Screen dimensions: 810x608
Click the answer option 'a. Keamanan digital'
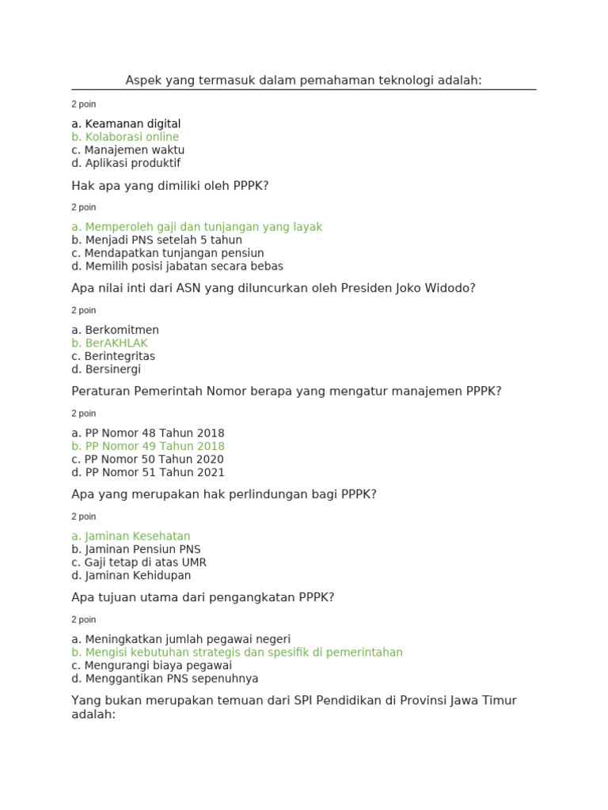click(126, 124)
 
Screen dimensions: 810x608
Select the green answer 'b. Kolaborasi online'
click(125, 137)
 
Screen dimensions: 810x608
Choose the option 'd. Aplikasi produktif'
click(126, 163)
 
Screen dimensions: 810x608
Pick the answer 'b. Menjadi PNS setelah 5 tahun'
click(157, 240)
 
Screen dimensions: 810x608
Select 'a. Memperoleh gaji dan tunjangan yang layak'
click(196, 227)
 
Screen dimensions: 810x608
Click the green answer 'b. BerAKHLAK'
click(109, 343)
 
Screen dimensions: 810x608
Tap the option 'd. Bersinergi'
click(106, 369)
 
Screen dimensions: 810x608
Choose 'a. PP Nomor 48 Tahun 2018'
click(148, 433)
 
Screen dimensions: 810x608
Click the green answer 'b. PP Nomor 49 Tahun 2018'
click(148, 446)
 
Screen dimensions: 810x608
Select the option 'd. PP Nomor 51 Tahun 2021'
click(148, 472)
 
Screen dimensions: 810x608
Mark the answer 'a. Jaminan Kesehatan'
click(131, 536)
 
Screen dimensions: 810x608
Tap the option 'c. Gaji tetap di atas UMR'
click(139, 562)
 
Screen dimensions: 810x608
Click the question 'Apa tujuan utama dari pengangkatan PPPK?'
click(203, 597)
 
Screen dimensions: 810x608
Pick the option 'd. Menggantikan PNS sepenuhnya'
click(165, 679)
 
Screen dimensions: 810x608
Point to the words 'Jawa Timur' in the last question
click(482, 701)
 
